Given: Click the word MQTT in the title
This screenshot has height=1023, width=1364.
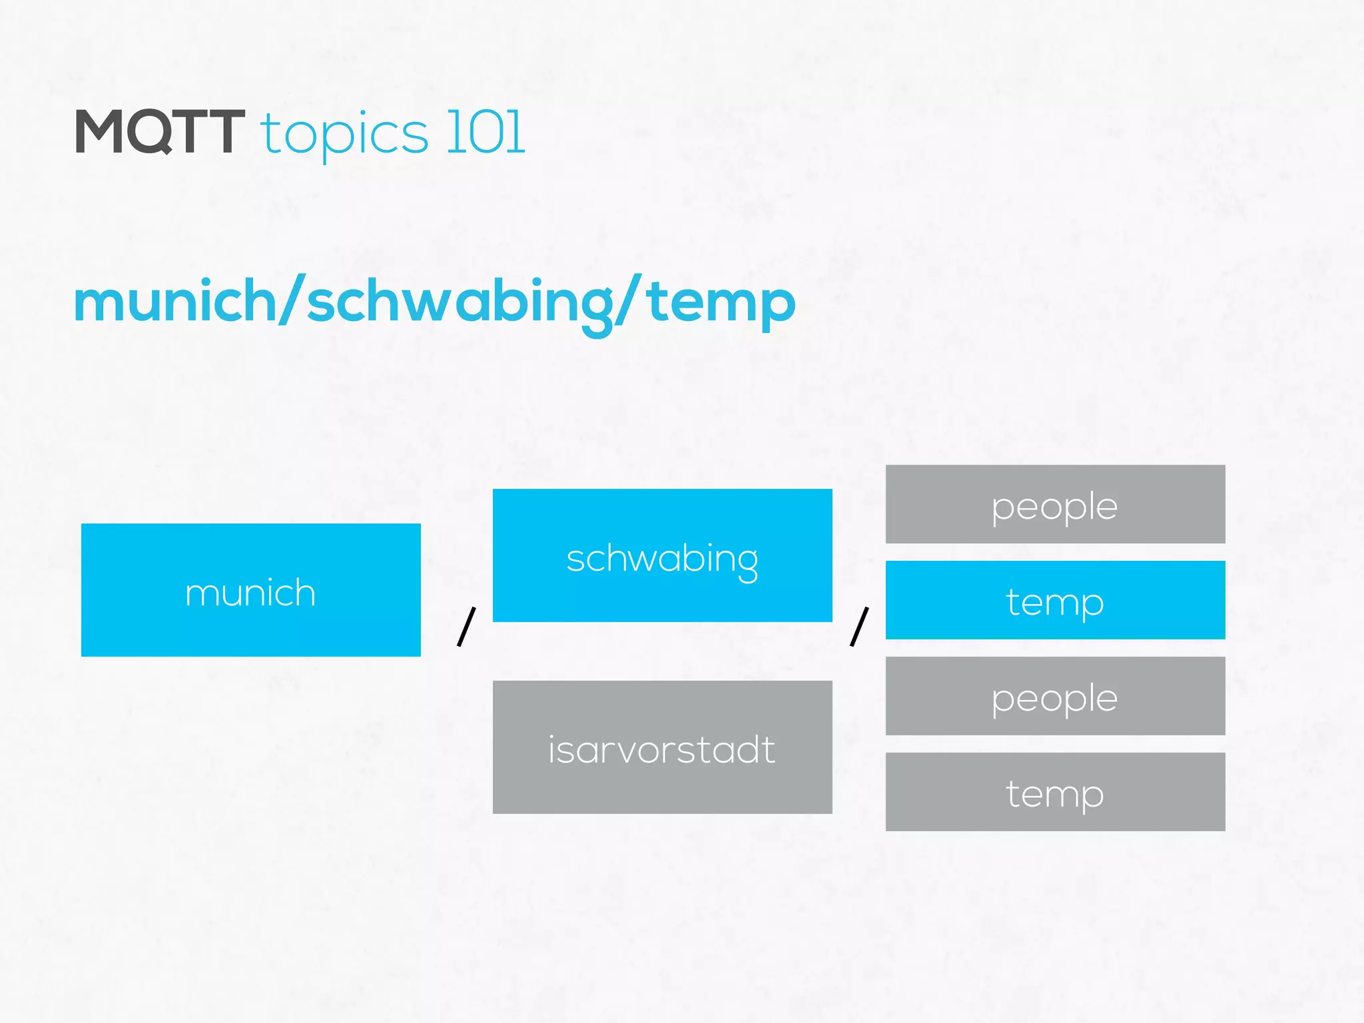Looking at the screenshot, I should (x=160, y=133).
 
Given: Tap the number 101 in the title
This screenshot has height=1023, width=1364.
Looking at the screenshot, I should (x=486, y=133).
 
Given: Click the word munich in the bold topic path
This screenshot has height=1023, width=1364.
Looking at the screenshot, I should (x=174, y=302).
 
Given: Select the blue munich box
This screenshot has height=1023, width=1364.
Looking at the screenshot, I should (x=250, y=590).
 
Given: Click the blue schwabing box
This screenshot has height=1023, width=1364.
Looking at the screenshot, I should (x=662, y=555).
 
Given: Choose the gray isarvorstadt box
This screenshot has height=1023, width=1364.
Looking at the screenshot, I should (x=662, y=747).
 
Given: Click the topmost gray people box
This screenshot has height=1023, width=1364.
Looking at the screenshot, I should (x=1055, y=504).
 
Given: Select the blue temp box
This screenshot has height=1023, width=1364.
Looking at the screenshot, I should (x=1055, y=600).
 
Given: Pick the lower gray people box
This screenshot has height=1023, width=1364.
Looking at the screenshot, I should (x=1055, y=696).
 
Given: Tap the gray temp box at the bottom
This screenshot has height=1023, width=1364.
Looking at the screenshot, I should (x=1055, y=792).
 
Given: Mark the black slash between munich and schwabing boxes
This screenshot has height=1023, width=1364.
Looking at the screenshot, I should (x=466, y=626).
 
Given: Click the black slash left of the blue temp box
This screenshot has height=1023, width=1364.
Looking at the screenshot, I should (x=859, y=626).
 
